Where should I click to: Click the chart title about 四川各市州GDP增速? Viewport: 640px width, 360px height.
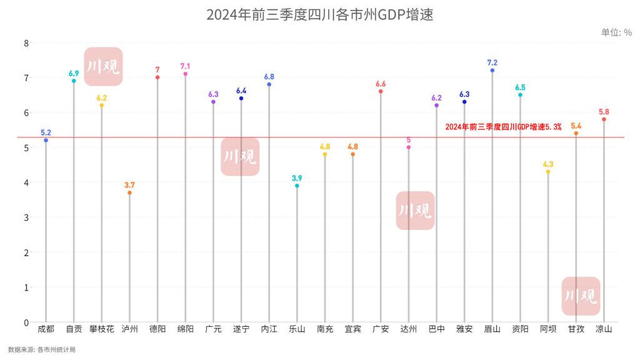pos(320,14)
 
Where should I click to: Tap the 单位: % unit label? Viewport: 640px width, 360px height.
pos(616,32)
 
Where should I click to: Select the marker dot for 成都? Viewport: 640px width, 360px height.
pos(46,141)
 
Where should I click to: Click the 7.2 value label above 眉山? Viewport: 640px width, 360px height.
pos(492,62)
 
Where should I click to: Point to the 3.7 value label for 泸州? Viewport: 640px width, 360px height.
pos(129,185)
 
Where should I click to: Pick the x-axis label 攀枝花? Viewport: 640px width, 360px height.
pos(102,329)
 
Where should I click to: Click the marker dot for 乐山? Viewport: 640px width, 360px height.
pos(297,186)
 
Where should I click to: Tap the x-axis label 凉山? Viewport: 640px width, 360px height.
pos(604,329)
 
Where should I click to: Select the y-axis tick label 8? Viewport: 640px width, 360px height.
pos(26,43)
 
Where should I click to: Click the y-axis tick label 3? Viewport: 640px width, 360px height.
pos(26,217)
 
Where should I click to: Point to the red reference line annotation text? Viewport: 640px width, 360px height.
pos(503,127)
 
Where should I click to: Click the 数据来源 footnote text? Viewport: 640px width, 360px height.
pos(42,349)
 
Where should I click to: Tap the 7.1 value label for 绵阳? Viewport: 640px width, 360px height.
pos(186,66)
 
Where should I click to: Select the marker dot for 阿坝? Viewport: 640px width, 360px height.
pos(548,172)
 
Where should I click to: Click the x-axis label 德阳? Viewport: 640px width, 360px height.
pos(157,329)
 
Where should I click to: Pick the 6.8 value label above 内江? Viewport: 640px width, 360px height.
pos(269,77)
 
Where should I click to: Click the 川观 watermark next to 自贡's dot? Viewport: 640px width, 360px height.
pos(103,66)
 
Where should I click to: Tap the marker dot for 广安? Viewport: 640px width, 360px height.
pos(381,91)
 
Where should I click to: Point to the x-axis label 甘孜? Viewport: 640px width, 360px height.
pos(576,329)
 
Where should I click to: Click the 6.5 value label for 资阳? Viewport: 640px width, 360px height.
pos(520,87)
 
